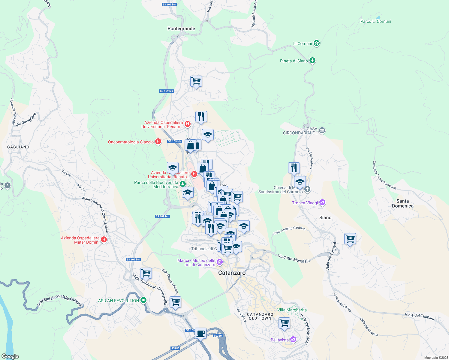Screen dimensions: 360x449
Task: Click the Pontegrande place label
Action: (x=181, y=29)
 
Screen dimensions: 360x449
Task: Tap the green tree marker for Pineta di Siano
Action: (x=312, y=61)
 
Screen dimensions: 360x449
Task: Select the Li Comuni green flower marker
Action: (x=316, y=43)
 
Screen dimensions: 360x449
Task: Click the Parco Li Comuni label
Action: (x=375, y=22)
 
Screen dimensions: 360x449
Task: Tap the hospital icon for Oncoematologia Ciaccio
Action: (x=158, y=142)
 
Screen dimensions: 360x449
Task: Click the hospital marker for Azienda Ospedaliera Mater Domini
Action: (x=104, y=239)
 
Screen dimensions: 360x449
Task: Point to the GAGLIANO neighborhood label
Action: (x=18, y=147)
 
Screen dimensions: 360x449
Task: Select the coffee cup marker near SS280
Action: (x=200, y=332)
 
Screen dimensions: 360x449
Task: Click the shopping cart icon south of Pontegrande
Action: (x=196, y=81)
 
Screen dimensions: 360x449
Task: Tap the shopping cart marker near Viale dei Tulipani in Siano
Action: (x=350, y=239)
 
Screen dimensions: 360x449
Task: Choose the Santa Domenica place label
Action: (x=402, y=203)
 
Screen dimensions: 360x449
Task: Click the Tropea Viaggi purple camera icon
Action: (x=322, y=203)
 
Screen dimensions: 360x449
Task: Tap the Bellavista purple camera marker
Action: (x=293, y=340)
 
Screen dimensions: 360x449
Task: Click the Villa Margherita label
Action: (x=292, y=310)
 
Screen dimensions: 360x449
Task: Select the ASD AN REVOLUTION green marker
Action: (x=143, y=300)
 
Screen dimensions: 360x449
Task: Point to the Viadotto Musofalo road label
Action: (x=294, y=258)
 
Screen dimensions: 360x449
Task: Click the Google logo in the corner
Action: (x=10, y=356)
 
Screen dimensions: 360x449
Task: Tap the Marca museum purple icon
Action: (x=220, y=262)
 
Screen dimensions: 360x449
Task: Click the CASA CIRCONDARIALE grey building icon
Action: (x=322, y=130)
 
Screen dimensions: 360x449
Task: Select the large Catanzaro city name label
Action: (x=232, y=273)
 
